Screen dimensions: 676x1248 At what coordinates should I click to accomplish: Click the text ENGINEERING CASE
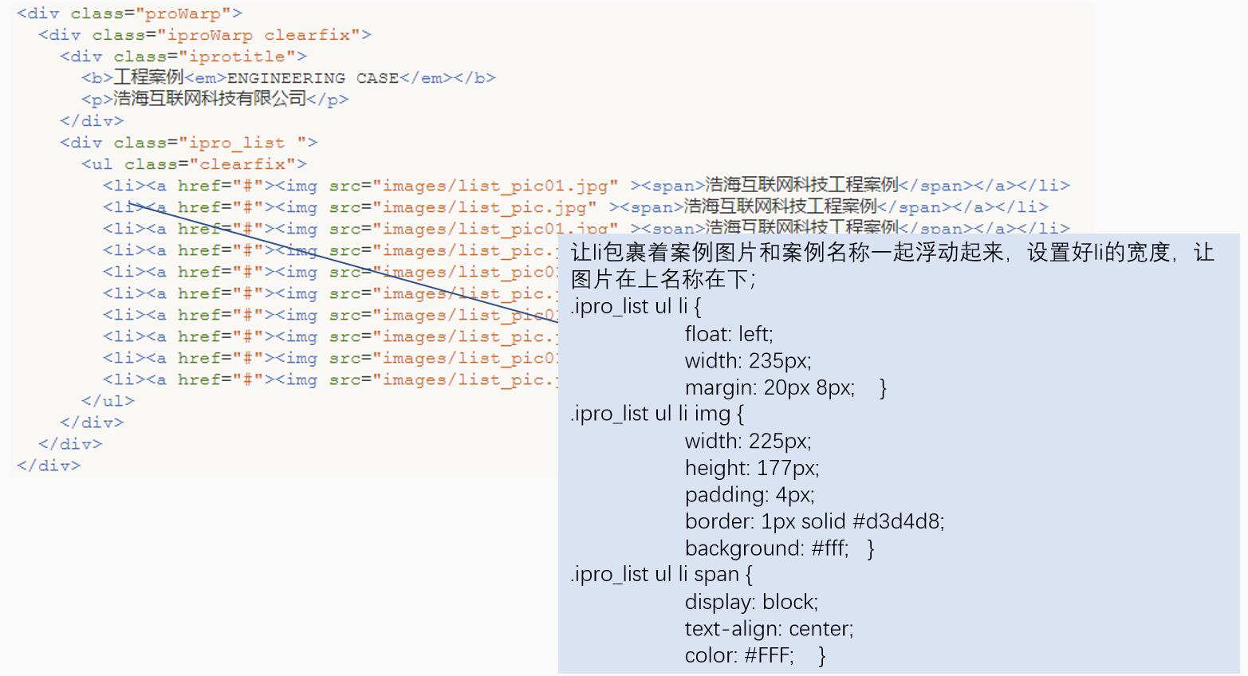tap(313, 78)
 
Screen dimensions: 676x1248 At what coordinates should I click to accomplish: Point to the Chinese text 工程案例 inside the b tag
tap(148, 77)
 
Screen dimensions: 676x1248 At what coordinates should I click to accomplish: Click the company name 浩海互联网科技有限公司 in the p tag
tap(210, 99)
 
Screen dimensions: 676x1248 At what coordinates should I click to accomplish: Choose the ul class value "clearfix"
tap(242, 164)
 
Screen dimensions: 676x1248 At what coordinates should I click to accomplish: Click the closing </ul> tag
tap(108, 401)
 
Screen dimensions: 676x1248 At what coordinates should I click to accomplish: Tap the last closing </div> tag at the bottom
tap(49, 466)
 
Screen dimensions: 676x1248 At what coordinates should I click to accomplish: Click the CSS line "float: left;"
tap(729, 334)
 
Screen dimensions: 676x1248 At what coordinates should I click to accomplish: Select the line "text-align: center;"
tap(769, 629)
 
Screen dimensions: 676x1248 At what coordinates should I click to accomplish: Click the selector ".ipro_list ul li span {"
tap(661, 575)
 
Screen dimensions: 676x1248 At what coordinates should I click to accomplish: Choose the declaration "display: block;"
tap(751, 602)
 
